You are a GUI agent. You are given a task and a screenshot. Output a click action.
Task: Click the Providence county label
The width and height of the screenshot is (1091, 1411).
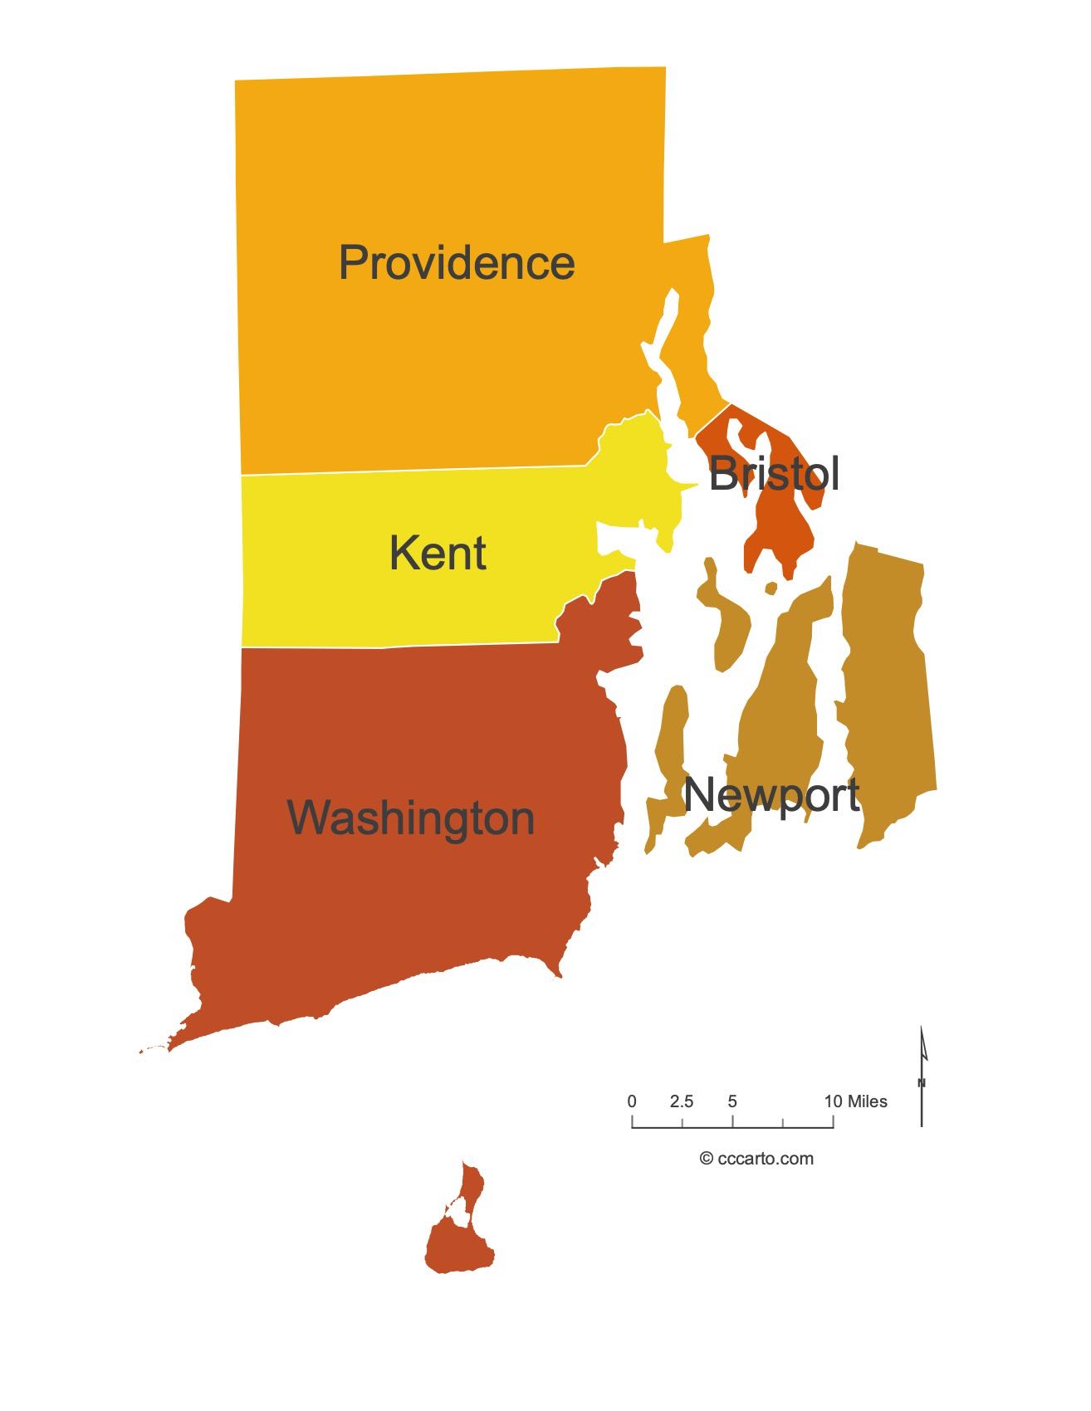457,263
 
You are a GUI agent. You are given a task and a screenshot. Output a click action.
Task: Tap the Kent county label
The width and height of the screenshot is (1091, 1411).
438,554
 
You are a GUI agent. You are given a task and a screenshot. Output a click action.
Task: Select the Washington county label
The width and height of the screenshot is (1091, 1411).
411,818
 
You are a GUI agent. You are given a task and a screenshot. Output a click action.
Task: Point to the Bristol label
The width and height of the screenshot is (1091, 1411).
774,474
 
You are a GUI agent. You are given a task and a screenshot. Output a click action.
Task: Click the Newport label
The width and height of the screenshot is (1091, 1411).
771,795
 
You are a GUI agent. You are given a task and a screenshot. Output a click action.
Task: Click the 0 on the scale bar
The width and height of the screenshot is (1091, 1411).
632,1101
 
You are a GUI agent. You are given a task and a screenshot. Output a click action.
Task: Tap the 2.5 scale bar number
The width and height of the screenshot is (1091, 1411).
682,1101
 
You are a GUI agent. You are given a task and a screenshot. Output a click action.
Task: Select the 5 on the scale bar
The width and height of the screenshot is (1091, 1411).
732,1101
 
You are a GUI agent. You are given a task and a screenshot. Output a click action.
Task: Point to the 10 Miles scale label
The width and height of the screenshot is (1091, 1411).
855,1101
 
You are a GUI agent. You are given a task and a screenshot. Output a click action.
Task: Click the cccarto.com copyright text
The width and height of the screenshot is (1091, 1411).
756,1159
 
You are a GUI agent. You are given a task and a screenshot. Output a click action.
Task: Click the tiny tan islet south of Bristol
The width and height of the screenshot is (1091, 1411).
771,588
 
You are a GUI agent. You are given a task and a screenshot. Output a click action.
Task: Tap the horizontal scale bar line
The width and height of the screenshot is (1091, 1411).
732,1127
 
